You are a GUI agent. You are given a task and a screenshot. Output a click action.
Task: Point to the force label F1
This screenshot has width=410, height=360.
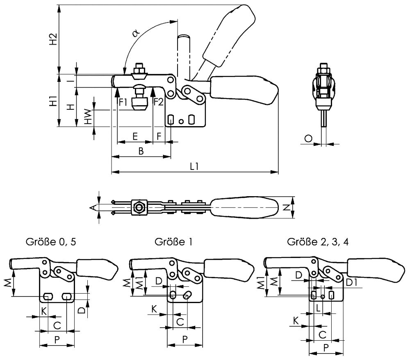coord(123,102)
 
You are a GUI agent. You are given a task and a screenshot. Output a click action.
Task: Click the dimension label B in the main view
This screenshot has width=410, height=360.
coord(141,151)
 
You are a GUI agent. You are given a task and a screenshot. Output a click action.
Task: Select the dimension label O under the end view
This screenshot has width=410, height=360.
coord(308,139)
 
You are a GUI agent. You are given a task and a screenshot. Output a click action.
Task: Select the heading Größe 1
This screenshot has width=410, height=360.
coord(174,242)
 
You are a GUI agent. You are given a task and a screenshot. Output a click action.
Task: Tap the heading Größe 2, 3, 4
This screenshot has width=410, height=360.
coord(318,242)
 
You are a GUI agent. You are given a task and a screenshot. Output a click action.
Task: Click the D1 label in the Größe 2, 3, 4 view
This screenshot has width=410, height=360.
coord(351,282)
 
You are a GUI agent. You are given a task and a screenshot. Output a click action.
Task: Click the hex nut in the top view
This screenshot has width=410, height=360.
coord(139,208)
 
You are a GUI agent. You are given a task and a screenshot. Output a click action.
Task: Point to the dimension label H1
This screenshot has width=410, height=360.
coord(52,101)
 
